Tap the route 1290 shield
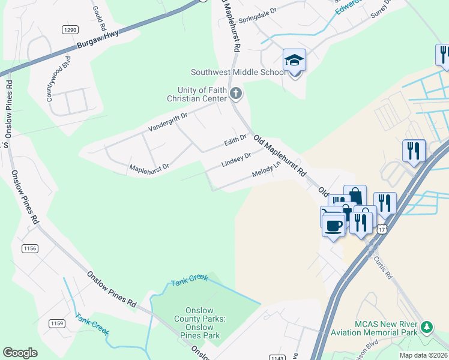click(70, 29)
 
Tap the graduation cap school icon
click(294, 61)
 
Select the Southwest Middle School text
click(238, 73)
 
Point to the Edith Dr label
click(235, 140)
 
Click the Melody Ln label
click(267, 170)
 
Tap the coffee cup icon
click(333, 225)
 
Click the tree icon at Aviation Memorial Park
click(426, 327)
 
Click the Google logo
click(20, 352)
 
